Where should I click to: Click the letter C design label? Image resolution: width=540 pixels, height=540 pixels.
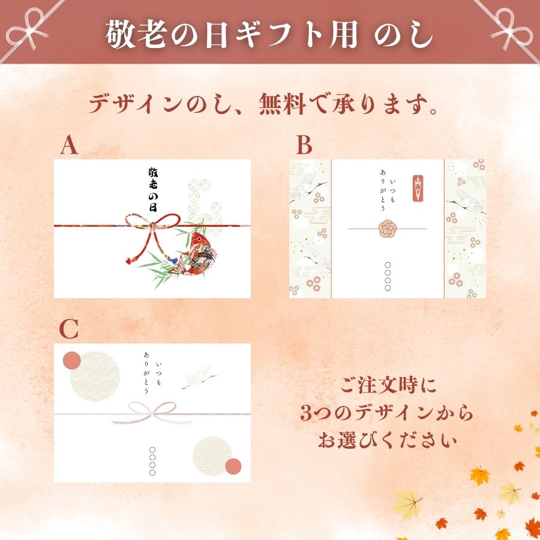click(x=70, y=329)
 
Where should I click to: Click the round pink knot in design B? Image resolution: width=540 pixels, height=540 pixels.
click(x=387, y=229)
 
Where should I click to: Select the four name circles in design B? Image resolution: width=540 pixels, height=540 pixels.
click(x=387, y=277)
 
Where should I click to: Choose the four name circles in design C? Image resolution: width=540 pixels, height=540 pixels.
click(x=152, y=461)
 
